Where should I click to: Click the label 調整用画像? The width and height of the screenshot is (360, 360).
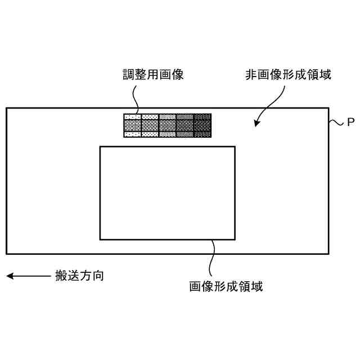click(154, 74)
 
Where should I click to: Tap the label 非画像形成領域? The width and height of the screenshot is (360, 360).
click(288, 74)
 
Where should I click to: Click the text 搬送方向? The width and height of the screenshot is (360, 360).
click(79, 276)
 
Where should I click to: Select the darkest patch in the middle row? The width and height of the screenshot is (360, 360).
click(202, 125)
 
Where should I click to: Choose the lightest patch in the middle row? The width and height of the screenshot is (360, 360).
click(132, 125)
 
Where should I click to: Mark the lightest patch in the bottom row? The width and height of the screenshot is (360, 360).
click(132, 134)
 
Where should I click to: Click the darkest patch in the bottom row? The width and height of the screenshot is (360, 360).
click(202, 134)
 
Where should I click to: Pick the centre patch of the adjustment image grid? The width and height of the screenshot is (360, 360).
click(168, 125)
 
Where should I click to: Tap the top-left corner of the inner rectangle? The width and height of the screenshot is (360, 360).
click(100, 147)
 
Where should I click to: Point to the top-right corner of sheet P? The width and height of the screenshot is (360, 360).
click(328, 108)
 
